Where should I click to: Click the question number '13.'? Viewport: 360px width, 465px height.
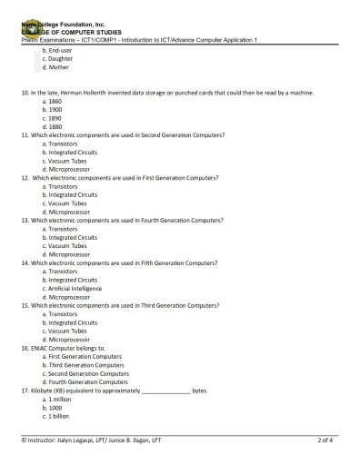coord(25,220)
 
